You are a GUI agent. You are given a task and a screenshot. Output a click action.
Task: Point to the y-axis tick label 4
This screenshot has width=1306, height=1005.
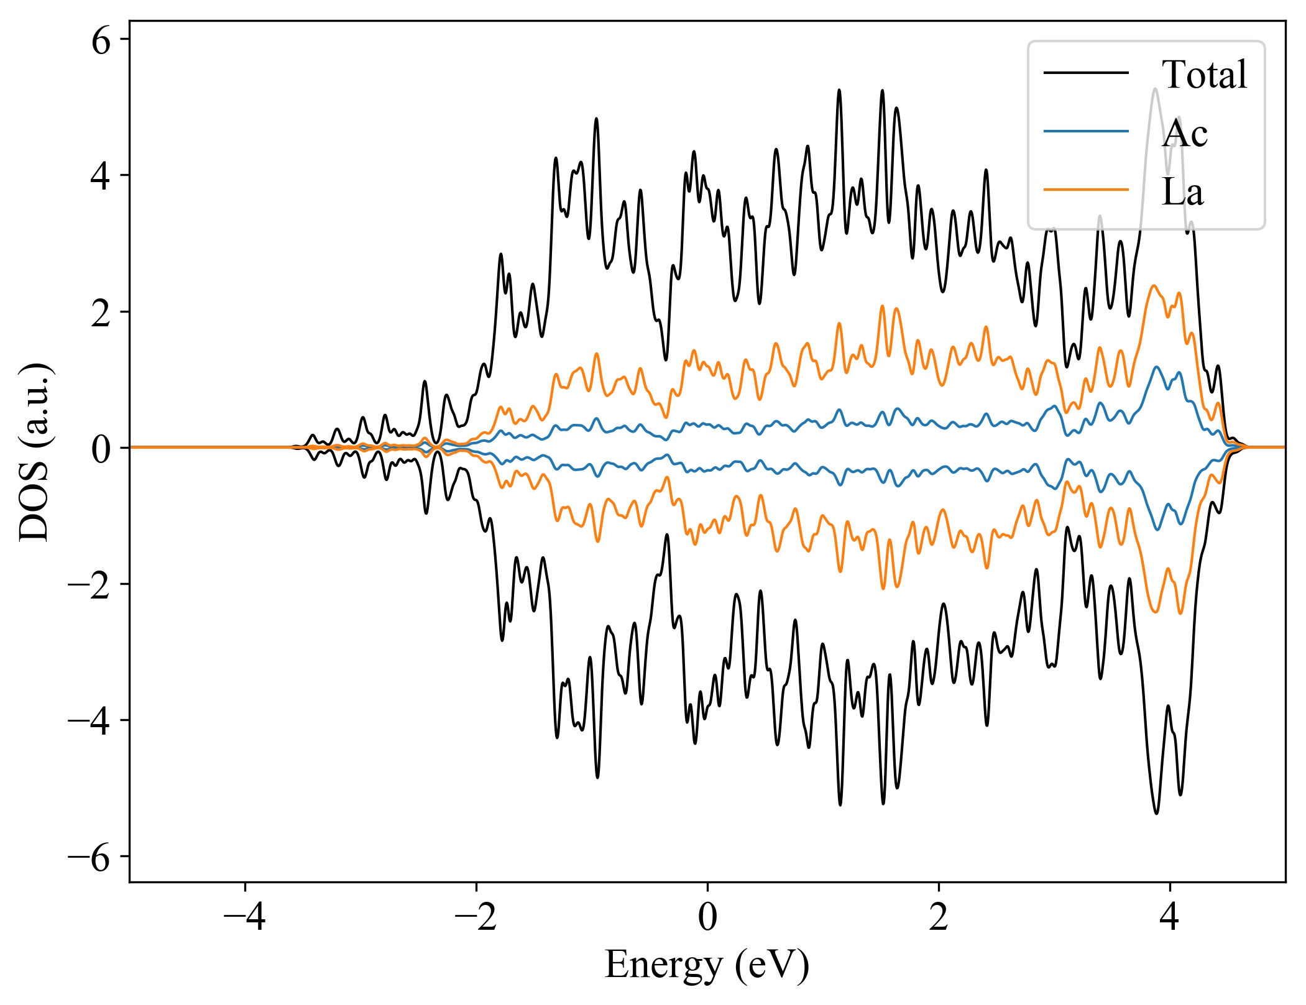point(101,177)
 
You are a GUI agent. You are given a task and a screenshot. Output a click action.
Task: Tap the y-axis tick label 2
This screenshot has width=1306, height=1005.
point(101,313)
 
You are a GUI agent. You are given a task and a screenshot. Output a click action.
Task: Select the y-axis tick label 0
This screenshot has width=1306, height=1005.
point(101,449)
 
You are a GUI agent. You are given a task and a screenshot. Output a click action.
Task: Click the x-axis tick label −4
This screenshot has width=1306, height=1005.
point(245,916)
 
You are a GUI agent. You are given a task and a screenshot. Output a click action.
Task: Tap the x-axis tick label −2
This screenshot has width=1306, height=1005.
point(476,916)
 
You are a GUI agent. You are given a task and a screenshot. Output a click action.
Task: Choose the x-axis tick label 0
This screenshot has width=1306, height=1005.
point(707,916)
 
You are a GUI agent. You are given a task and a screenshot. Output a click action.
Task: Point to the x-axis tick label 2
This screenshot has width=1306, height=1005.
point(939,916)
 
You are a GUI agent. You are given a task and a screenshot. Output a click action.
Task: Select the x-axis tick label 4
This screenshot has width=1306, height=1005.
point(1170,916)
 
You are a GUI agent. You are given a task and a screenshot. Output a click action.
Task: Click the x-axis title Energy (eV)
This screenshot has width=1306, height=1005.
point(707,965)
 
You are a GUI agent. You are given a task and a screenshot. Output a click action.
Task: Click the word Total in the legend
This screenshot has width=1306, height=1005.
point(1204,75)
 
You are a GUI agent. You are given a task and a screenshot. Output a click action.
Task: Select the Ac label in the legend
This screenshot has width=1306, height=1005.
point(1184,133)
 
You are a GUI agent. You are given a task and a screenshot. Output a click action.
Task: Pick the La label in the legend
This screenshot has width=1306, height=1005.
point(1182,191)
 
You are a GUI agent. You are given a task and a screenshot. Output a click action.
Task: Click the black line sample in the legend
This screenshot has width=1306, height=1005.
point(1086,73)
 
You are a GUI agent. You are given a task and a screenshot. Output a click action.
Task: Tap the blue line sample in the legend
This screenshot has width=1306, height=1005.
point(1086,131)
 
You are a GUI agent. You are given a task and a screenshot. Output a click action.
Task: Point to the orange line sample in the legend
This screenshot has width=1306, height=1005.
point(1086,189)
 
